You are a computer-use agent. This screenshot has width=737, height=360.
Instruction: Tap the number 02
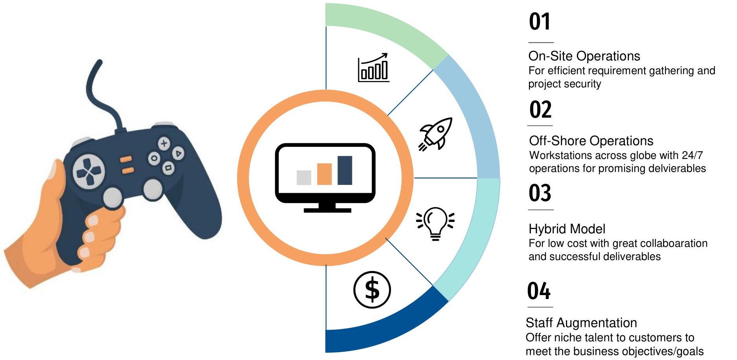(x=540, y=110)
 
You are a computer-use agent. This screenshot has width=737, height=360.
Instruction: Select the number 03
(x=540, y=193)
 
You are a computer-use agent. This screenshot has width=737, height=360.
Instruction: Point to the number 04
(x=539, y=292)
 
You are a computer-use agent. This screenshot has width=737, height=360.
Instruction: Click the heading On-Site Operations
(x=584, y=56)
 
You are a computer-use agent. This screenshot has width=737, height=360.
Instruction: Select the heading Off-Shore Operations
(x=591, y=141)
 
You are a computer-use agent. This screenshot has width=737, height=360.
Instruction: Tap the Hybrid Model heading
(x=567, y=229)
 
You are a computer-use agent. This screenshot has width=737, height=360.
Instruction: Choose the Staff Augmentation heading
(x=581, y=323)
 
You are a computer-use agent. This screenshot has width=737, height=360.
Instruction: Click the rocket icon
(x=435, y=134)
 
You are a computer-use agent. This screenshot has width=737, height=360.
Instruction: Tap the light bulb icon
(x=435, y=223)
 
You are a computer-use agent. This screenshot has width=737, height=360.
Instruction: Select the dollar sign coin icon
(x=372, y=290)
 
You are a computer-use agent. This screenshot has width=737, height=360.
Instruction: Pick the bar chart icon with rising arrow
(x=374, y=68)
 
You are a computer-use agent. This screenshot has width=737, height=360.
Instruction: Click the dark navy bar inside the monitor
(x=345, y=170)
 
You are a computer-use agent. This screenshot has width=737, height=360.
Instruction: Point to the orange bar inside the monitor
(x=324, y=174)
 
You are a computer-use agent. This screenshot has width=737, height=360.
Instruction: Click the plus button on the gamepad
(x=164, y=143)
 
